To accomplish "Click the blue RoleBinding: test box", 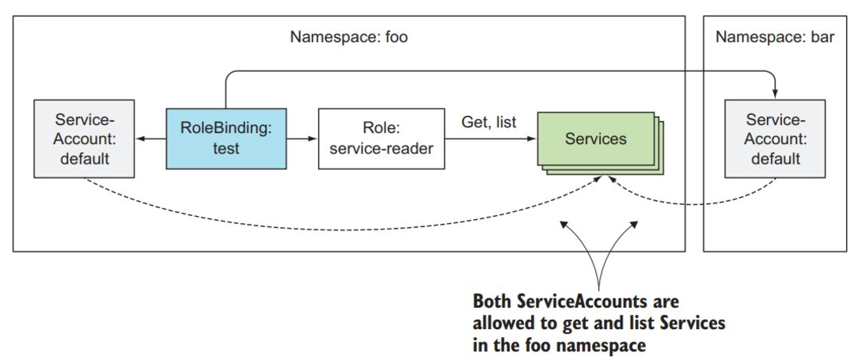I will (226, 139).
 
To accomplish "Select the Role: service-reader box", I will (377, 139).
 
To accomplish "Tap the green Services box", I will (596, 139).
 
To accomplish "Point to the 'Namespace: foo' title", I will (348, 37).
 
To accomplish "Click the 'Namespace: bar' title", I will (774, 37).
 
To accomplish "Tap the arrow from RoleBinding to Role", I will (302, 139).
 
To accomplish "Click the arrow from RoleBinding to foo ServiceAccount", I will (149, 139).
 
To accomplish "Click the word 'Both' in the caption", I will (492, 302).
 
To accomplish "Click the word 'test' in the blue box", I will (226, 148).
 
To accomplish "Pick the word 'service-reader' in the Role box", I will (377, 148).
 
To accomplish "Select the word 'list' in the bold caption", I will (624, 324).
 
